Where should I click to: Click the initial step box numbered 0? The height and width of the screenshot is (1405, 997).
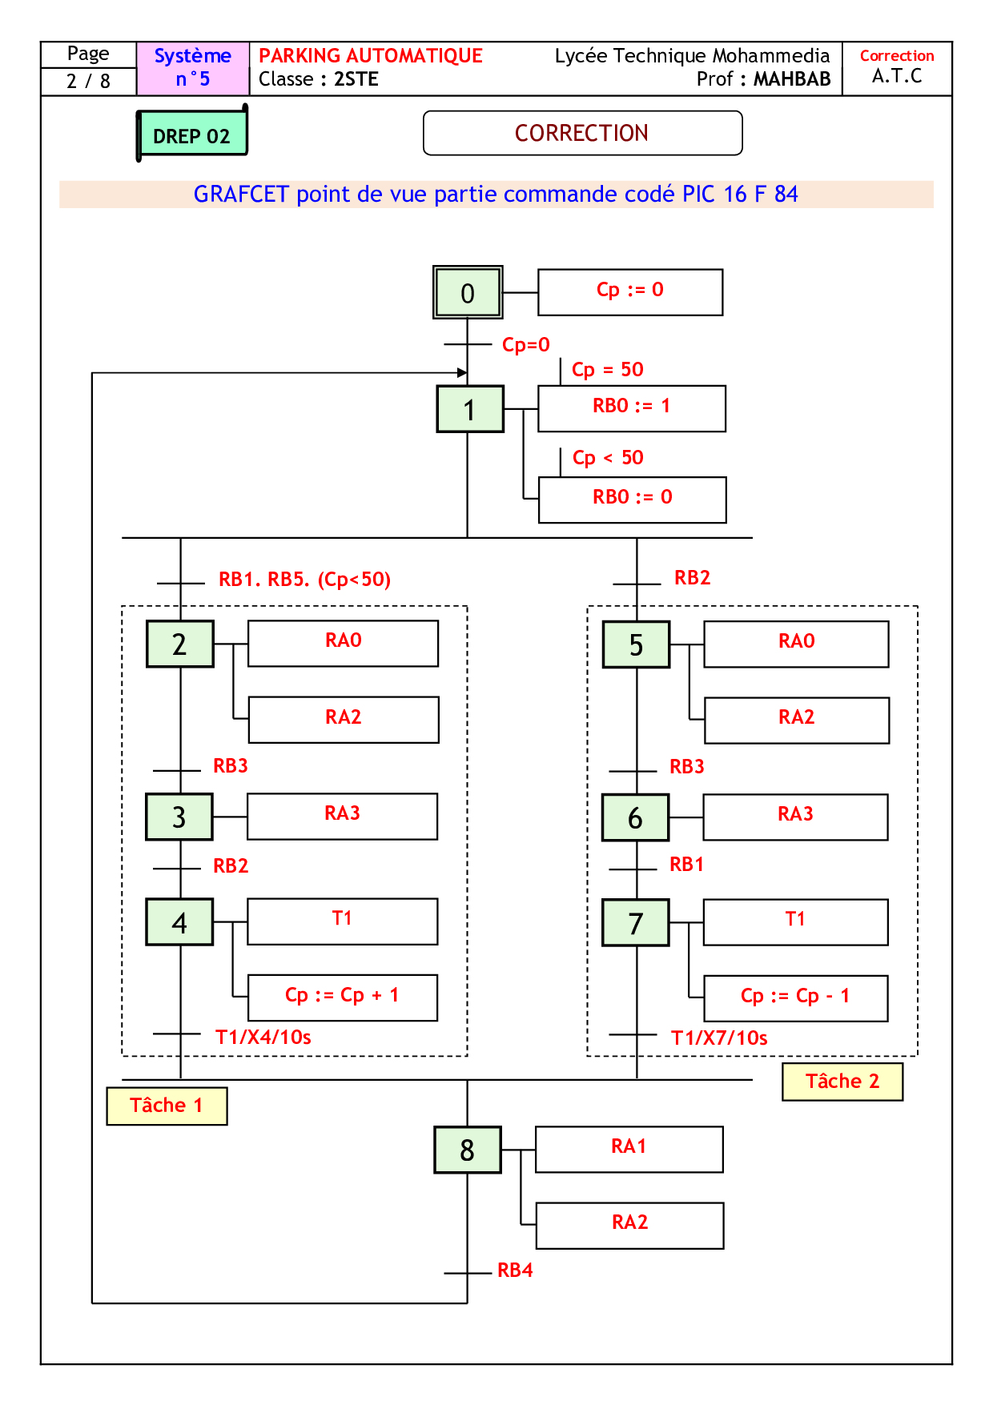468,292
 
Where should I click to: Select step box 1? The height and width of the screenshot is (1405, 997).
470,409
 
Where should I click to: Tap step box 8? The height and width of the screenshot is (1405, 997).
468,1150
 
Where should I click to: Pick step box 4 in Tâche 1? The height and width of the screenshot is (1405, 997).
179,922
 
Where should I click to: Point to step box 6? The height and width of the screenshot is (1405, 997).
635,817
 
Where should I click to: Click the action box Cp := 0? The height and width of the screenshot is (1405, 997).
630,292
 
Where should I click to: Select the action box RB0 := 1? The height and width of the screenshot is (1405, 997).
632,408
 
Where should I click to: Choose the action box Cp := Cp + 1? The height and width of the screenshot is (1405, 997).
343,997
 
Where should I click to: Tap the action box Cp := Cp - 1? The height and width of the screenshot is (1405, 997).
795,998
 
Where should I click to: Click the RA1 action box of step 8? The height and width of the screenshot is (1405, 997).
629,1149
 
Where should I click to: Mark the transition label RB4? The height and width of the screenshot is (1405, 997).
515,1271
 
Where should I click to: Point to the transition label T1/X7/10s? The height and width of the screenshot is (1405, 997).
719,1038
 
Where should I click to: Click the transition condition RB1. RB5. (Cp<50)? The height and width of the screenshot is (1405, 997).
304,580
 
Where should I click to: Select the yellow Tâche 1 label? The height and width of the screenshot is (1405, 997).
167,1106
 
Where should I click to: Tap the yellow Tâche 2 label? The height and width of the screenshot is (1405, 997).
842,1082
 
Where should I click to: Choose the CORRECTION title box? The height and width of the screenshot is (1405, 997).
582,133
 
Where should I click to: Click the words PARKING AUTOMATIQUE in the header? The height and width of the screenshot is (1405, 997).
371,56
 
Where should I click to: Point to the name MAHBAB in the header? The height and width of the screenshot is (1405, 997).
792,79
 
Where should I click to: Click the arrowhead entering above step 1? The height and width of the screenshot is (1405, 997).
462,372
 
